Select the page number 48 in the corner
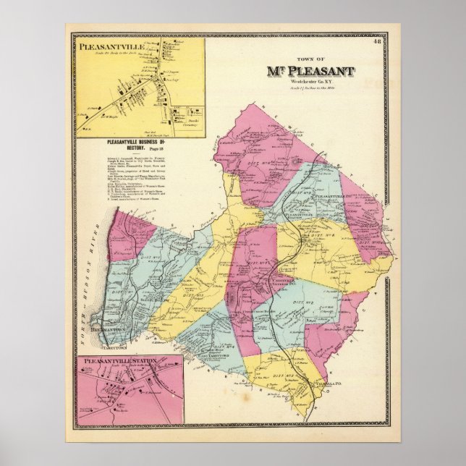tap(378, 41)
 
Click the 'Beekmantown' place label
tap(125, 328)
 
